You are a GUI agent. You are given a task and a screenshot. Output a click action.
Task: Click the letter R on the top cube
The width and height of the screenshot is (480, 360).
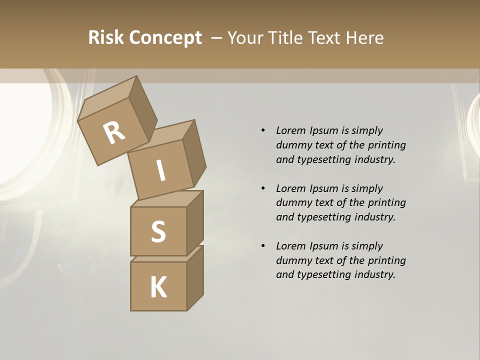point(114,133)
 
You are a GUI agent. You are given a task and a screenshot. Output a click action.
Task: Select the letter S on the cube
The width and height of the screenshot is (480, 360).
point(158,231)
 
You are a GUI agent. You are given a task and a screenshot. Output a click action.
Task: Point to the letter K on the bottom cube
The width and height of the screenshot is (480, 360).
point(158,287)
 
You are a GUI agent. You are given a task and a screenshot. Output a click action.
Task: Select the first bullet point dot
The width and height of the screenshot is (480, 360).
point(263,130)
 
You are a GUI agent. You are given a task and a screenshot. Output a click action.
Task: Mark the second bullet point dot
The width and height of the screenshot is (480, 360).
point(263,188)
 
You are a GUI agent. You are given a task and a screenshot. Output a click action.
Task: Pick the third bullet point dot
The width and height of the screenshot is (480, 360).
point(263,246)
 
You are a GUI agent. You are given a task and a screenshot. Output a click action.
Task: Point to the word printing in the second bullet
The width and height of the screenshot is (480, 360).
point(386,202)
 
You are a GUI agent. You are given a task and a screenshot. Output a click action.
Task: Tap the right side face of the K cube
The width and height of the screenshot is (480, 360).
point(195,279)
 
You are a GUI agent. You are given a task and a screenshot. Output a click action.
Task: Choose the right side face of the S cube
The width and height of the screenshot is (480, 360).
point(195,223)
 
